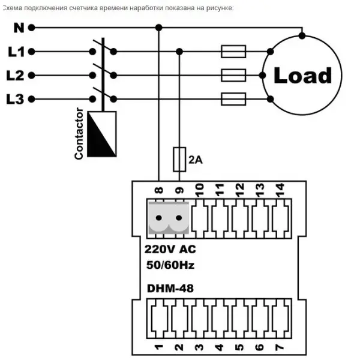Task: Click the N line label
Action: pyautogui.click(x=19, y=28)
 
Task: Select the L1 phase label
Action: pyautogui.click(x=16, y=52)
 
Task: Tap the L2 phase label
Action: pyautogui.click(x=15, y=76)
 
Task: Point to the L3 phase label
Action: pyautogui.click(x=15, y=99)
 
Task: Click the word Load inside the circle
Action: pyautogui.click(x=303, y=75)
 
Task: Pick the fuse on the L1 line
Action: pyautogui.click(x=233, y=52)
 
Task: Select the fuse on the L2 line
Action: pyautogui.click(x=233, y=76)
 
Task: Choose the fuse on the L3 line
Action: pyautogui.click(x=233, y=99)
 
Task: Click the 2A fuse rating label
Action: pyautogui.click(x=196, y=160)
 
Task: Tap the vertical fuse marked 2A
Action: pyautogui.click(x=179, y=160)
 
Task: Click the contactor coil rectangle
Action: pyautogui.click(x=102, y=134)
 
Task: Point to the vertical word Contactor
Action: pyautogui.click(x=79, y=133)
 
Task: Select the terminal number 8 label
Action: pyautogui.click(x=159, y=190)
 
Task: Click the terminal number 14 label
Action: pyautogui.click(x=280, y=190)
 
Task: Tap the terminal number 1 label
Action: pyautogui.click(x=158, y=347)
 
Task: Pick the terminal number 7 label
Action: pyautogui.click(x=280, y=347)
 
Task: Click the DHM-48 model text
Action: pyautogui.click(x=170, y=289)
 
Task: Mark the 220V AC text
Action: pyautogui.click(x=170, y=250)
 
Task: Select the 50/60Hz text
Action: pyautogui.click(x=170, y=265)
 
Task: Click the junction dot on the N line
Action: pyautogui.click(x=158, y=28)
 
